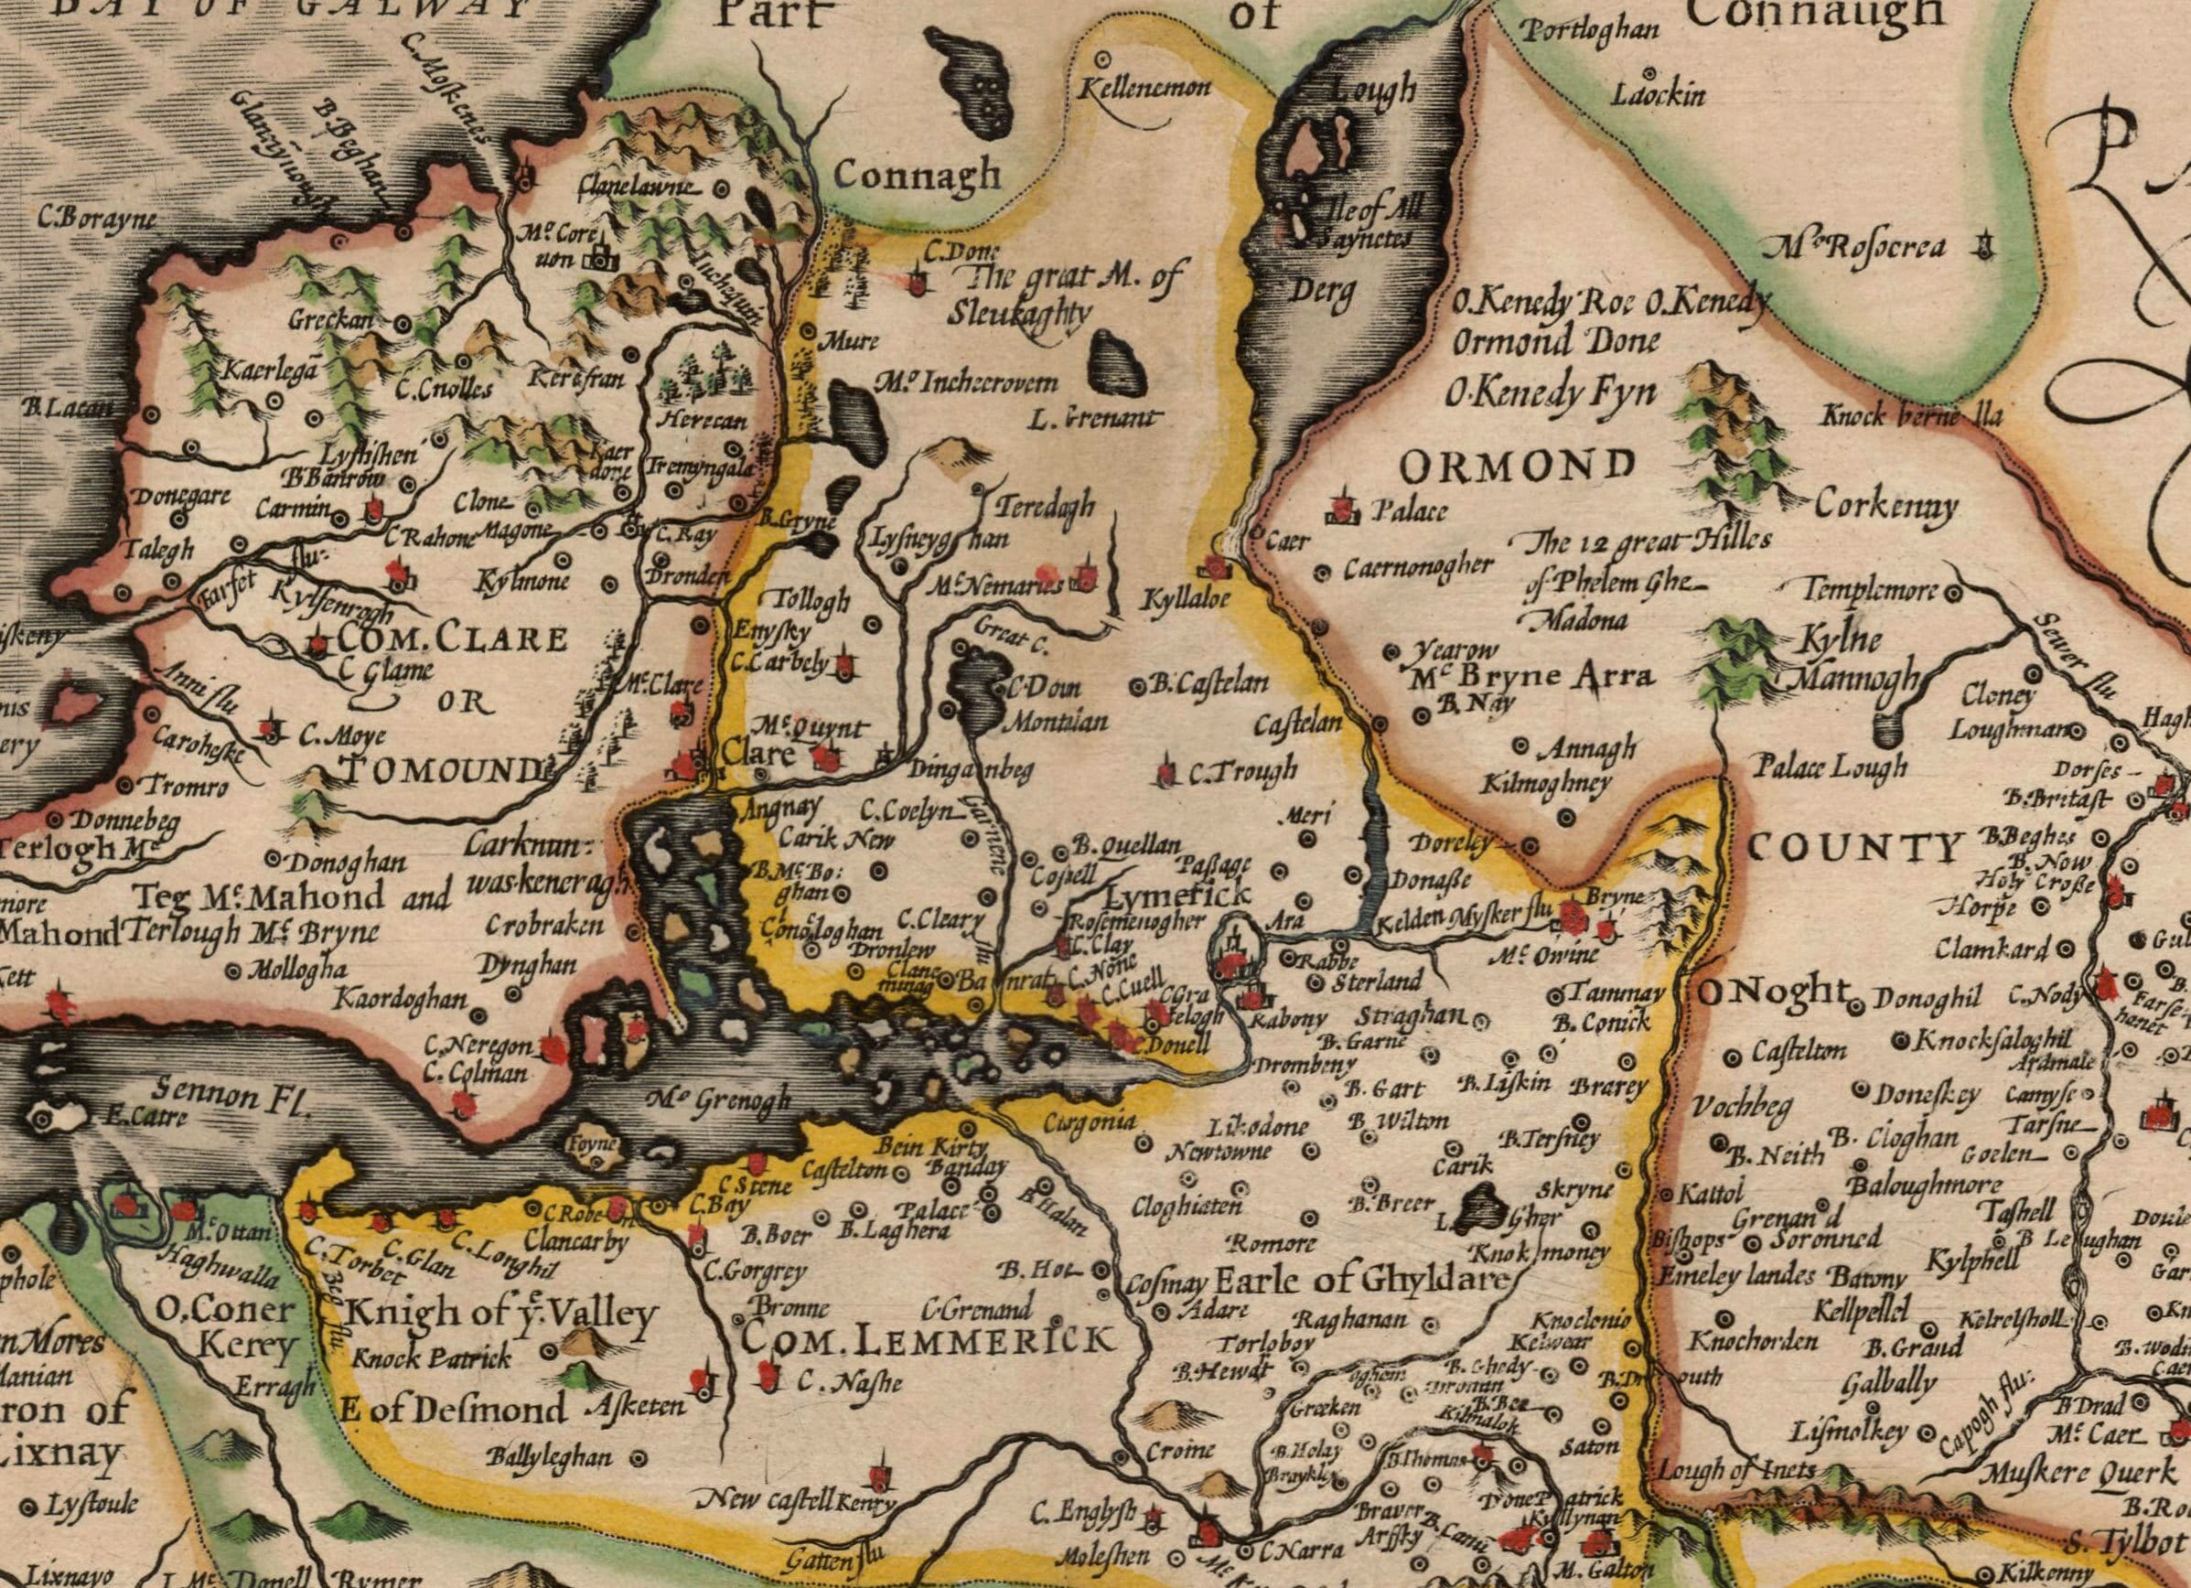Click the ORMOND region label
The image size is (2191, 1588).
(x=1517, y=467)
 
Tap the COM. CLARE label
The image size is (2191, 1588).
(x=452, y=640)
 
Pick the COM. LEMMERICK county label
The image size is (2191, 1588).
(x=927, y=1341)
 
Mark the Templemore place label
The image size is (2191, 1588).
(x=1873, y=588)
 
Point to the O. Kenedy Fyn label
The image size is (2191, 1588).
(x=1550, y=392)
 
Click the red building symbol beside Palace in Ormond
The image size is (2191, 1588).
(x=1341, y=508)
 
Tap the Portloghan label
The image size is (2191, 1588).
(x=1589, y=31)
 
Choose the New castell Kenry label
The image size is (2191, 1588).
(x=797, y=1501)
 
